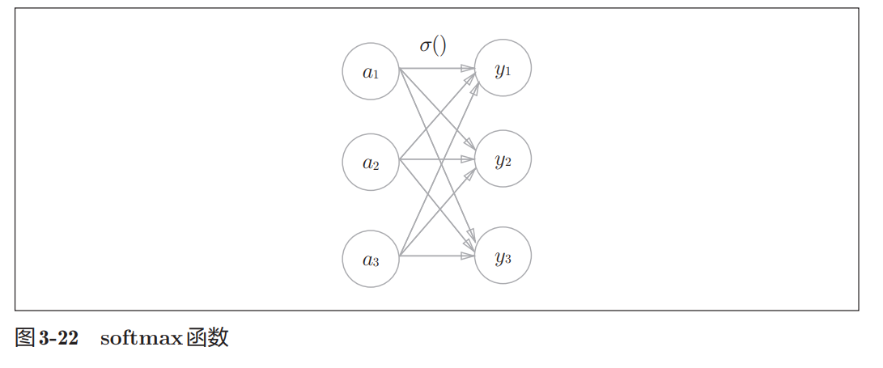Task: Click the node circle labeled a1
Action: (x=371, y=71)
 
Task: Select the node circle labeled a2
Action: (x=371, y=162)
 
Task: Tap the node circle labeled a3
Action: (x=371, y=259)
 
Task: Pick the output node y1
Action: (x=503, y=69)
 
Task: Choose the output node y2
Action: (x=503, y=159)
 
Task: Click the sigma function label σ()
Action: (x=433, y=45)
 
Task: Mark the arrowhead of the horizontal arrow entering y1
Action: (x=469, y=69)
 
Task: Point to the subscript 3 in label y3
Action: (x=507, y=259)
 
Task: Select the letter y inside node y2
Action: (x=499, y=160)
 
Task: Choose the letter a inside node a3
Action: (x=367, y=260)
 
